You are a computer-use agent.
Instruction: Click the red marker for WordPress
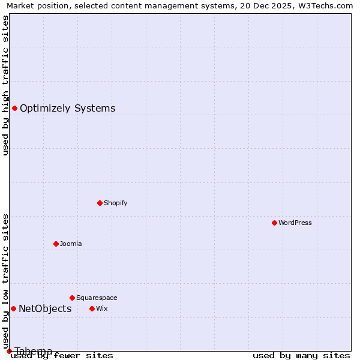click(274, 223)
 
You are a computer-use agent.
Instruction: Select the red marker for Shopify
click(100, 203)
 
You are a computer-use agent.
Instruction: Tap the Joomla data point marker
click(56, 244)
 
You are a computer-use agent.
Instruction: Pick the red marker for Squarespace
click(72, 298)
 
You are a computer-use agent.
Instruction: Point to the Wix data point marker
click(92, 308)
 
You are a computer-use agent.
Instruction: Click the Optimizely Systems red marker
click(14, 108)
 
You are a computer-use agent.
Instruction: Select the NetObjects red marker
click(13, 308)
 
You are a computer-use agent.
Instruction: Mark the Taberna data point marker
click(9, 351)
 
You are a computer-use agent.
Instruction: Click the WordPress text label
click(295, 223)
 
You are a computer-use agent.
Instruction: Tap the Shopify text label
click(116, 203)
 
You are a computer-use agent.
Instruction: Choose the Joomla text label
click(71, 244)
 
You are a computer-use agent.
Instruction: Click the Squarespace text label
click(97, 298)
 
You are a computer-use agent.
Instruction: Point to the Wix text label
click(102, 308)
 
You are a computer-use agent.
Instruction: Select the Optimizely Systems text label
click(67, 108)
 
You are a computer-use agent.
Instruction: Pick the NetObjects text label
click(45, 308)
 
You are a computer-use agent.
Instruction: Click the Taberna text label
click(34, 350)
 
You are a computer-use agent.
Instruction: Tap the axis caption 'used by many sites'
click(301, 356)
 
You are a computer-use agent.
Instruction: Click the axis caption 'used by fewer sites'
click(62, 356)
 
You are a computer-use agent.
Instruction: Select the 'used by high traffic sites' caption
click(5, 85)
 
